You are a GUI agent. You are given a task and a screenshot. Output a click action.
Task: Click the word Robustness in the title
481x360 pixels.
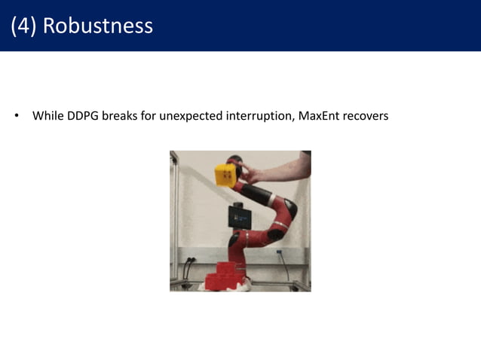coord(98,26)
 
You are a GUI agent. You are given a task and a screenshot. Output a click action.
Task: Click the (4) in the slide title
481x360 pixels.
coord(24,26)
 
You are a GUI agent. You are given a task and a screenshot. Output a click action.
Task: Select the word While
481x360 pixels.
coord(47,117)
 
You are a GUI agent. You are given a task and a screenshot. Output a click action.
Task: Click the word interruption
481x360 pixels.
coord(256,117)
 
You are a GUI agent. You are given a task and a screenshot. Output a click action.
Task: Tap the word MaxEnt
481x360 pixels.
coord(316,117)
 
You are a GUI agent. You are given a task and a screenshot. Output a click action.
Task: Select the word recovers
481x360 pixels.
coord(365,117)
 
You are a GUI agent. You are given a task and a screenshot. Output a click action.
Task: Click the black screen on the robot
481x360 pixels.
coord(240,217)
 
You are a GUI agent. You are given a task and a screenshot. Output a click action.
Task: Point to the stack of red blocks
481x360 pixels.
coord(223,276)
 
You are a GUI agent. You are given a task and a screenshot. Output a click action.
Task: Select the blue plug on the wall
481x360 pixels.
coord(280,255)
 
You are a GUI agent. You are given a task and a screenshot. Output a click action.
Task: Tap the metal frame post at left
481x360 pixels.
coord(174,218)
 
